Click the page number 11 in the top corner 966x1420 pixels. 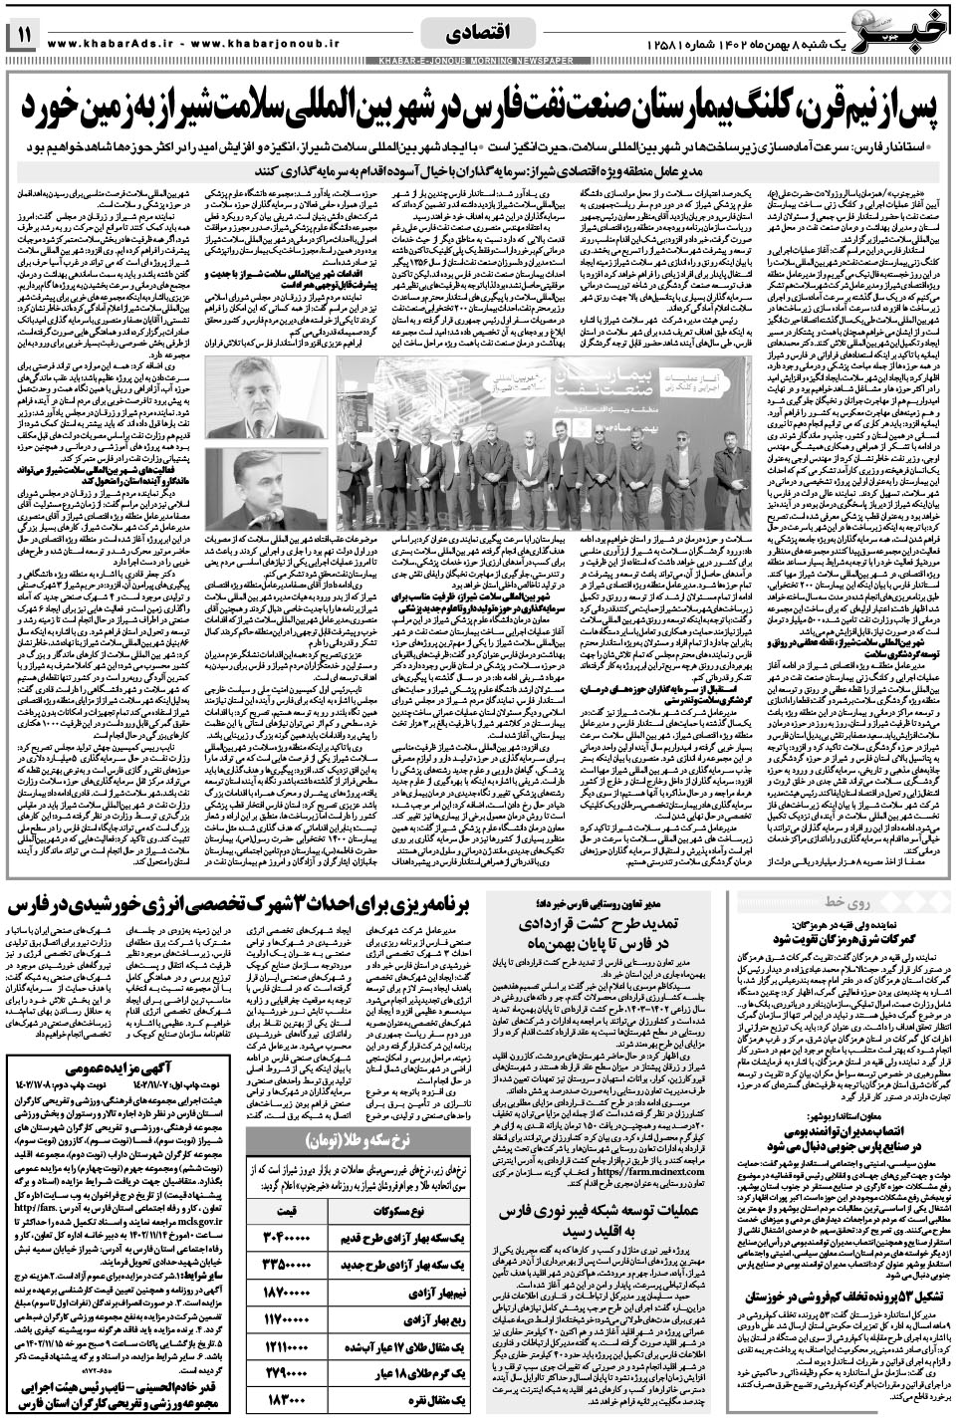point(23,37)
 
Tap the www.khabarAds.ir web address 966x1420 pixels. point(110,43)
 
